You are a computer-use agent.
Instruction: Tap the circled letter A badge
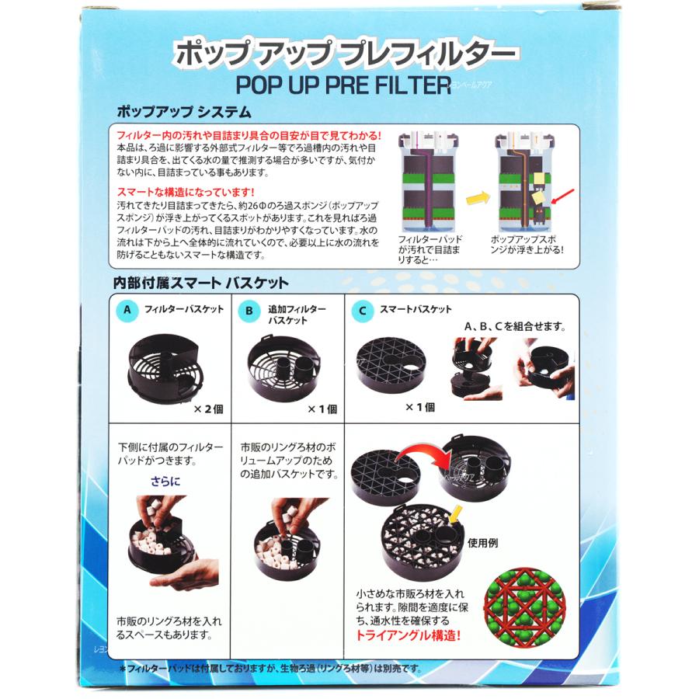pos(127,311)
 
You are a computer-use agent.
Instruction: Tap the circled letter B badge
pos(249,311)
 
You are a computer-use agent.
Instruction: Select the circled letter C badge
pos(360,311)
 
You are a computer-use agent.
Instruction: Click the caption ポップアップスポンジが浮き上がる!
pos(528,245)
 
